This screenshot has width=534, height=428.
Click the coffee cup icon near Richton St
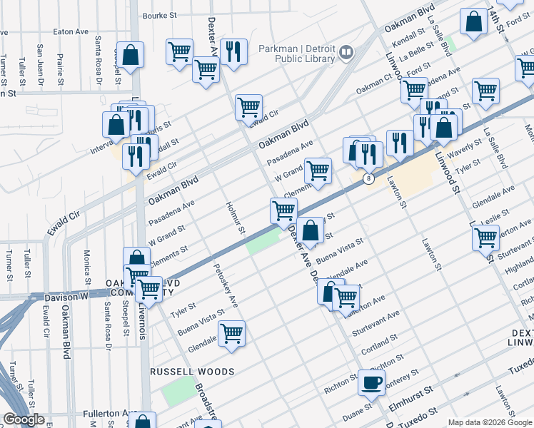coord(371,382)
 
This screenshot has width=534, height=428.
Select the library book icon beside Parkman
coord(346,51)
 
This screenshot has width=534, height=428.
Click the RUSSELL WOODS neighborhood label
coord(192,372)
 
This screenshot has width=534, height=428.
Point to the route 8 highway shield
coord(368,178)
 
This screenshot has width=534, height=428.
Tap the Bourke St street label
coord(159,15)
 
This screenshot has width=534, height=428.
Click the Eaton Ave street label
coord(71,31)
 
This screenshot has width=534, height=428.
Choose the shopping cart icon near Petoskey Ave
coord(232,332)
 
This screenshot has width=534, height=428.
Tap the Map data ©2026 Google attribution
coord(490,422)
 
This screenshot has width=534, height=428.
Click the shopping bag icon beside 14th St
coord(473,22)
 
